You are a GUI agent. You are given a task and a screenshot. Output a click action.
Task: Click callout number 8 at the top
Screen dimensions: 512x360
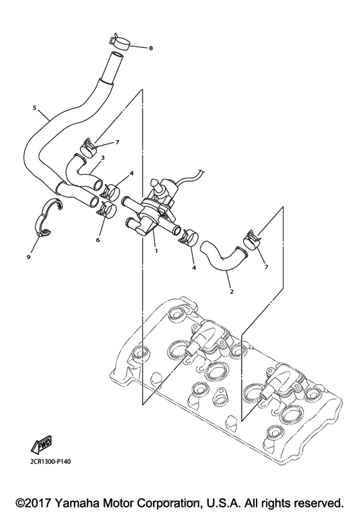pos(133,48)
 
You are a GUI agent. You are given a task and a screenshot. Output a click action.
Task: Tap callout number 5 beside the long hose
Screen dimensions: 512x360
pos(34,107)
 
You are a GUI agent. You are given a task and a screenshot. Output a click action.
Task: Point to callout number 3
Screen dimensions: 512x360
pos(103,157)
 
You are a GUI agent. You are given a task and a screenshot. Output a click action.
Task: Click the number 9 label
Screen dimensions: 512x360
pos(28,257)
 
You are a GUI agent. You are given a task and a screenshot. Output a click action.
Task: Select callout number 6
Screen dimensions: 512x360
pos(98,240)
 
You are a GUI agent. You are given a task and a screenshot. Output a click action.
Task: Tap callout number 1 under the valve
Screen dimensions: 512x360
pos(156,251)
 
